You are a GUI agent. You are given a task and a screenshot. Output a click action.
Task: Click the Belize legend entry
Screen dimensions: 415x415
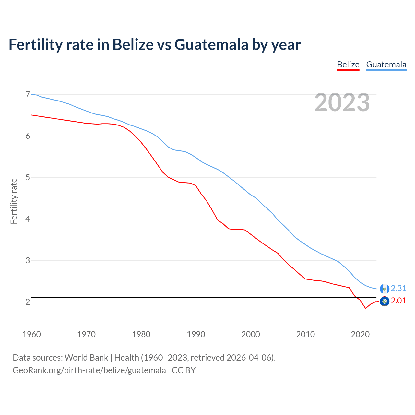click(348, 65)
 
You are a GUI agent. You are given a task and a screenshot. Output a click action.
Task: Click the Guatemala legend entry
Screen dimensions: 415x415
click(386, 65)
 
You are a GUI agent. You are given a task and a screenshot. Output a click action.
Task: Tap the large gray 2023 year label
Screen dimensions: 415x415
click(342, 102)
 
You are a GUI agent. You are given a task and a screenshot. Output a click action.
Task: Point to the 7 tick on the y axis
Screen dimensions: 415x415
click(28, 94)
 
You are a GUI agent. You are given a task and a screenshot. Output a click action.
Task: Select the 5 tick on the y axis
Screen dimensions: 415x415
click(28, 177)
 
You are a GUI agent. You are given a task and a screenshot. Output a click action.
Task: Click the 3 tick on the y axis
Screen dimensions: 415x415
click(28, 260)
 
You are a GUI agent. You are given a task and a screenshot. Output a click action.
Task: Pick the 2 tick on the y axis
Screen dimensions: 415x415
click(28, 302)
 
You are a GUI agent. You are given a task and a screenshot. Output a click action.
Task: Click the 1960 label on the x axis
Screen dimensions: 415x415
click(31, 334)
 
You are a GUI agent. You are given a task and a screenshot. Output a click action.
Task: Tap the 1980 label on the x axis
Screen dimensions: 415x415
click(141, 334)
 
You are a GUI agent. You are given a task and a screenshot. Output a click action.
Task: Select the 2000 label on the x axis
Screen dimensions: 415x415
click(251, 334)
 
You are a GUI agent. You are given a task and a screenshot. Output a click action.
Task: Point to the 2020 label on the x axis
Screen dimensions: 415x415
click(360, 334)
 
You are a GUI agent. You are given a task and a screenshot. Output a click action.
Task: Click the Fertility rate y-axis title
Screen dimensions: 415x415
click(14, 201)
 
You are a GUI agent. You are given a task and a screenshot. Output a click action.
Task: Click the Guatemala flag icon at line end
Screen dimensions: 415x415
click(385, 289)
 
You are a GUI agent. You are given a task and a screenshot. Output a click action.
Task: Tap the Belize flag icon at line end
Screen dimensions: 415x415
click(385, 302)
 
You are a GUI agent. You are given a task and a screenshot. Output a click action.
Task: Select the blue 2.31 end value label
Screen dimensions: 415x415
click(398, 288)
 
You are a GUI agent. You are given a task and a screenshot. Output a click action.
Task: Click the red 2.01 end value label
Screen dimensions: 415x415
click(398, 301)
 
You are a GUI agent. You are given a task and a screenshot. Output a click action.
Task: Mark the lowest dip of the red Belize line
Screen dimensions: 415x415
click(366, 308)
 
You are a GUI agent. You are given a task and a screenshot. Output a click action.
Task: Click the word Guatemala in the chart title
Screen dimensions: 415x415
click(211, 44)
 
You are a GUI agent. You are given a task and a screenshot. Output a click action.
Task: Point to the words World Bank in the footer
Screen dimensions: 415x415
click(86, 358)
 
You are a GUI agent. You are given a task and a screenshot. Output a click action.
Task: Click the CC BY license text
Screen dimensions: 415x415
click(184, 370)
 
